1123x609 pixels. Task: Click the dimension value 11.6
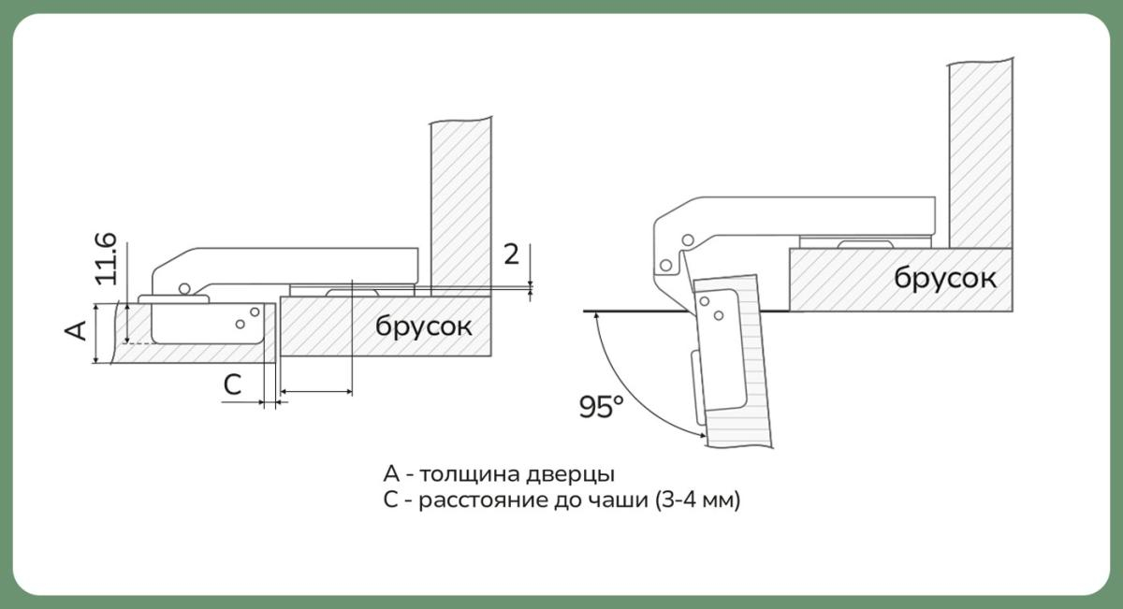(106, 259)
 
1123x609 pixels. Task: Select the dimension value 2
(511, 254)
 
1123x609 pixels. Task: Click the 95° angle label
(601, 408)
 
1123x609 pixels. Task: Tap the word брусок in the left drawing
(424, 326)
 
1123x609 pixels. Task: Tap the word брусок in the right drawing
(945, 277)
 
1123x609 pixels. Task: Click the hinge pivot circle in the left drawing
(185, 287)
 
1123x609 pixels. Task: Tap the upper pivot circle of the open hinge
(690, 240)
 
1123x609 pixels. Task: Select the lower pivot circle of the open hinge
(665, 265)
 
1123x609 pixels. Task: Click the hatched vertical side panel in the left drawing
(460, 201)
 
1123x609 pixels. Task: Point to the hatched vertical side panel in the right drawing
(980, 150)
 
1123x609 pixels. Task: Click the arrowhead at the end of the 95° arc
(702, 433)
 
